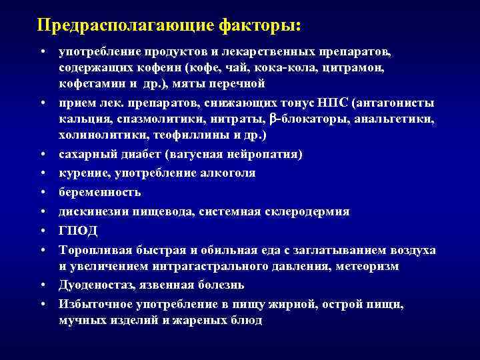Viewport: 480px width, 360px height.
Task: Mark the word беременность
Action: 99,192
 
